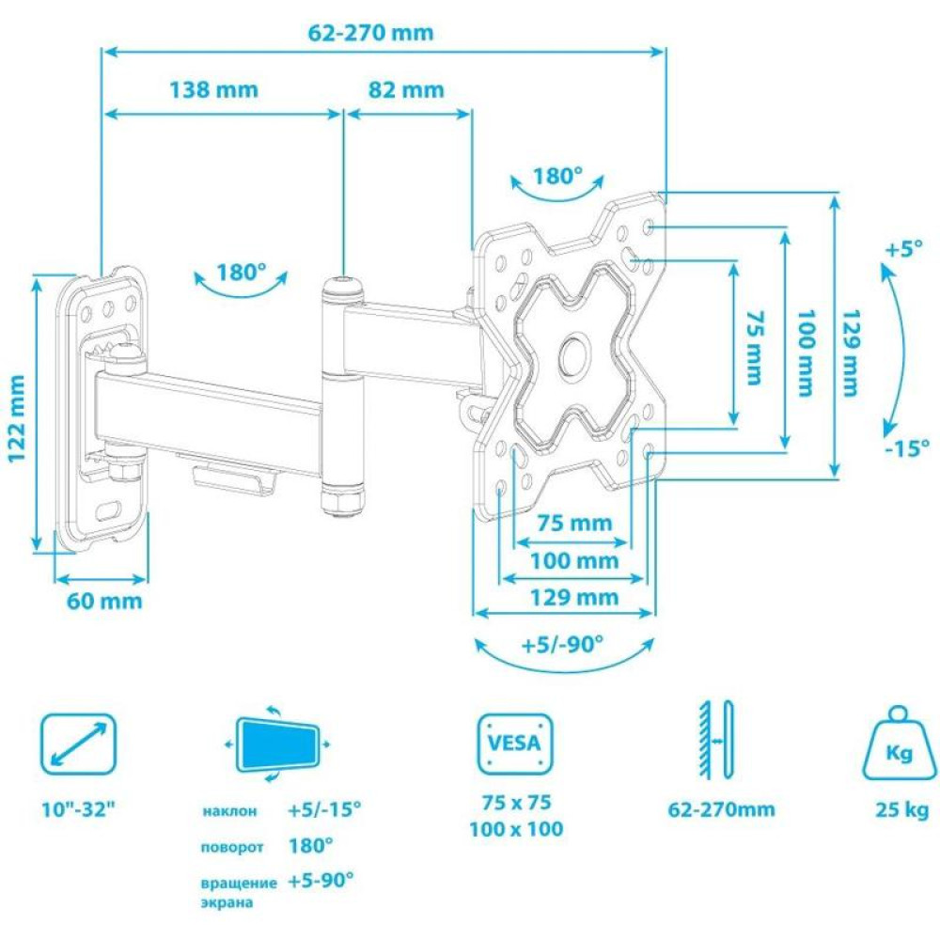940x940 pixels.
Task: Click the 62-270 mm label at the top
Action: click(x=370, y=32)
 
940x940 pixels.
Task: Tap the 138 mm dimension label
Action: click(x=214, y=90)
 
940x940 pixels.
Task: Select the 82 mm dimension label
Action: click(x=406, y=90)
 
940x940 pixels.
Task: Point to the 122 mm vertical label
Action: click(x=17, y=418)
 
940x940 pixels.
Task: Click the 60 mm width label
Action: click(x=104, y=601)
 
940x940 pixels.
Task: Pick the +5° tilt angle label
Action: click(x=904, y=248)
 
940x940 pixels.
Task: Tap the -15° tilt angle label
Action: click(x=907, y=447)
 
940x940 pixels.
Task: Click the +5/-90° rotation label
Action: click(x=562, y=645)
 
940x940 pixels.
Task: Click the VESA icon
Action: click(x=515, y=744)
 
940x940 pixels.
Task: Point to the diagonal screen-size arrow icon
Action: click(x=78, y=744)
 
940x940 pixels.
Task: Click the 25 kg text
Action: click(x=901, y=810)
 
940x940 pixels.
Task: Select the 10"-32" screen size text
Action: click(x=77, y=808)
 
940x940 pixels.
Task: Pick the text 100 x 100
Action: click(x=516, y=829)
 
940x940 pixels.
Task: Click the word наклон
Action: click(x=229, y=811)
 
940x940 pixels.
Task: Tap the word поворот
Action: click(x=232, y=848)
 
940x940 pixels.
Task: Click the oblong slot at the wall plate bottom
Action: click(x=108, y=511)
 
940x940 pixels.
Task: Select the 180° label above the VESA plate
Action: click(x=557, y=177)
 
